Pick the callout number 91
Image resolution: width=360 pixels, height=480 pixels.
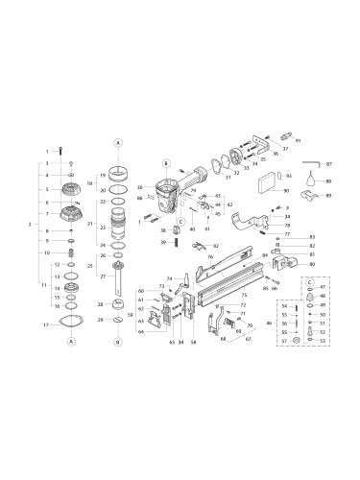[x=298, y=142]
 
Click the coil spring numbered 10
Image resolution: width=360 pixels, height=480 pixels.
[x=70, y=252]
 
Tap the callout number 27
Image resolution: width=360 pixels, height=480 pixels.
[x=102, y=276]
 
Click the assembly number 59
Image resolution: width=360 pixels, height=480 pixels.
[x=131, y=314]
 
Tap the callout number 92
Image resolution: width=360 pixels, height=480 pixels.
[x=216, y=247]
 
